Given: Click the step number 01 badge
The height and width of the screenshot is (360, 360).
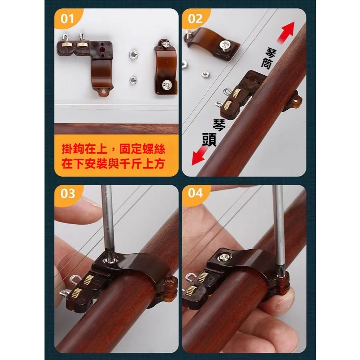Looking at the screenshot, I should pyautogui.click(x=68, y=19).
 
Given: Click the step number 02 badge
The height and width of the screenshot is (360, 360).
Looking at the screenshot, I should pyautogui.click(x=195, y=19).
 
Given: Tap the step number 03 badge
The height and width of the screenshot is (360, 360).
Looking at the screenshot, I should pyautogui.click(x=68, y=194).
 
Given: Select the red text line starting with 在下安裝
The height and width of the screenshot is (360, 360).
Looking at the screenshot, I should pyautogui.click(x=113, y=164).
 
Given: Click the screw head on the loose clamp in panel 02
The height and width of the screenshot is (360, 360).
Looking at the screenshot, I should pyautogui.click(x=225, y=45).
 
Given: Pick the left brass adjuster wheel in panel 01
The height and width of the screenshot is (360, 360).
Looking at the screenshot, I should pyautogui.click(x=67, y=45).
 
